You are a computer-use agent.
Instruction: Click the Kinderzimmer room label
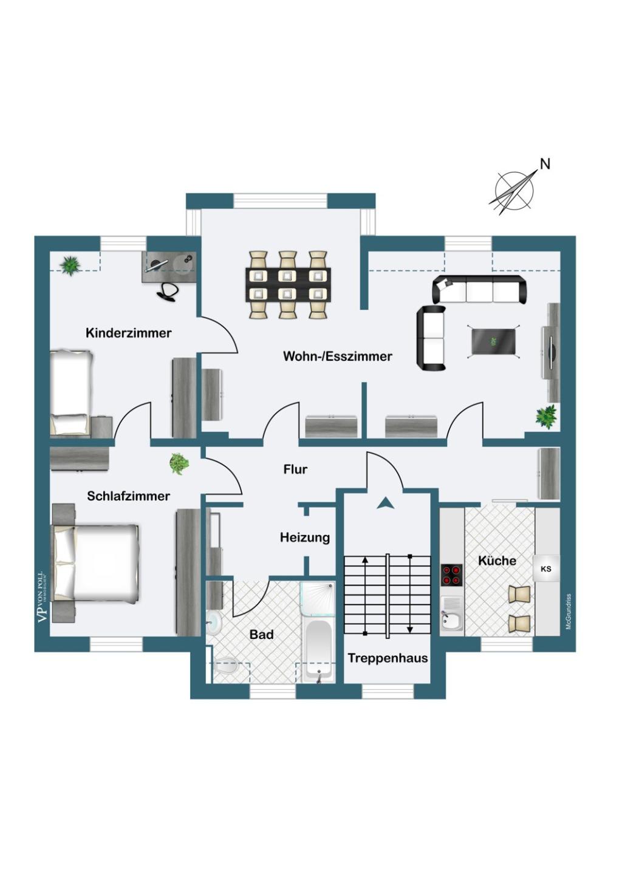[x=129, y=333]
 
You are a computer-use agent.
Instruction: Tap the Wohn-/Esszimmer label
[x=338, y=356]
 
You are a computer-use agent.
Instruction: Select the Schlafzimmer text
[x=129, y=496]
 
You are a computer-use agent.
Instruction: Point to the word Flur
[x=295, y=469]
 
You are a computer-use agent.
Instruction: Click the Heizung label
[x=305, y=537]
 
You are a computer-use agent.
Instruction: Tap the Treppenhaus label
[x=388, y=658]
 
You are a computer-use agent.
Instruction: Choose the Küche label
[x=497, y=561]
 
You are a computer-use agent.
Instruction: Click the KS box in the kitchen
[x=546, y=568]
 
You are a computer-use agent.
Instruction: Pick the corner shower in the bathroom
[x=318, y=599]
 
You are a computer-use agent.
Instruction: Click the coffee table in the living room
[x=493, y=342]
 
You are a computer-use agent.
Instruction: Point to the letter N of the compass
[x=545, y=164]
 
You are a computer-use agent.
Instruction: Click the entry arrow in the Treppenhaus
[x=385, y=503]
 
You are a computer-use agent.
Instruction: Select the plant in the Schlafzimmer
[x=179, y=463]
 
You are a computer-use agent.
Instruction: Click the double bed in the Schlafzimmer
[x=95, y=563]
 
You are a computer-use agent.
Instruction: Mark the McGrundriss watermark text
[x=568, y=612]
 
